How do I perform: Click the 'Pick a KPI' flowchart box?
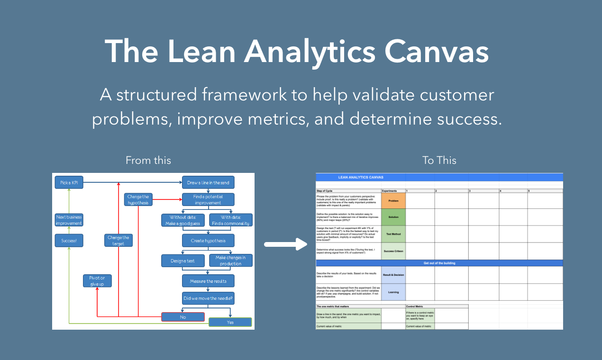69,182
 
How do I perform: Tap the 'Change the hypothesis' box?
137,199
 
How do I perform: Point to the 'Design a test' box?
183,261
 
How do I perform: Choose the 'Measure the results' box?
208,281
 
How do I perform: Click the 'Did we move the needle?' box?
208,298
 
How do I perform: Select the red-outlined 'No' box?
183,317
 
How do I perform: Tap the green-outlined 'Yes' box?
230,322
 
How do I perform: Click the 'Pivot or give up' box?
97,281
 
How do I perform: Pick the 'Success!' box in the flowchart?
69,241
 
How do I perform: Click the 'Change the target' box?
118,241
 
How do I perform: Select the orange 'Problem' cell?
393,201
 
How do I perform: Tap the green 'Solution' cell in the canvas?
393,217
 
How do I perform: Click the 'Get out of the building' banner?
439,263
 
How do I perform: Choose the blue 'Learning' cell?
393,292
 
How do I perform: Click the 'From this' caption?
148,161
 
